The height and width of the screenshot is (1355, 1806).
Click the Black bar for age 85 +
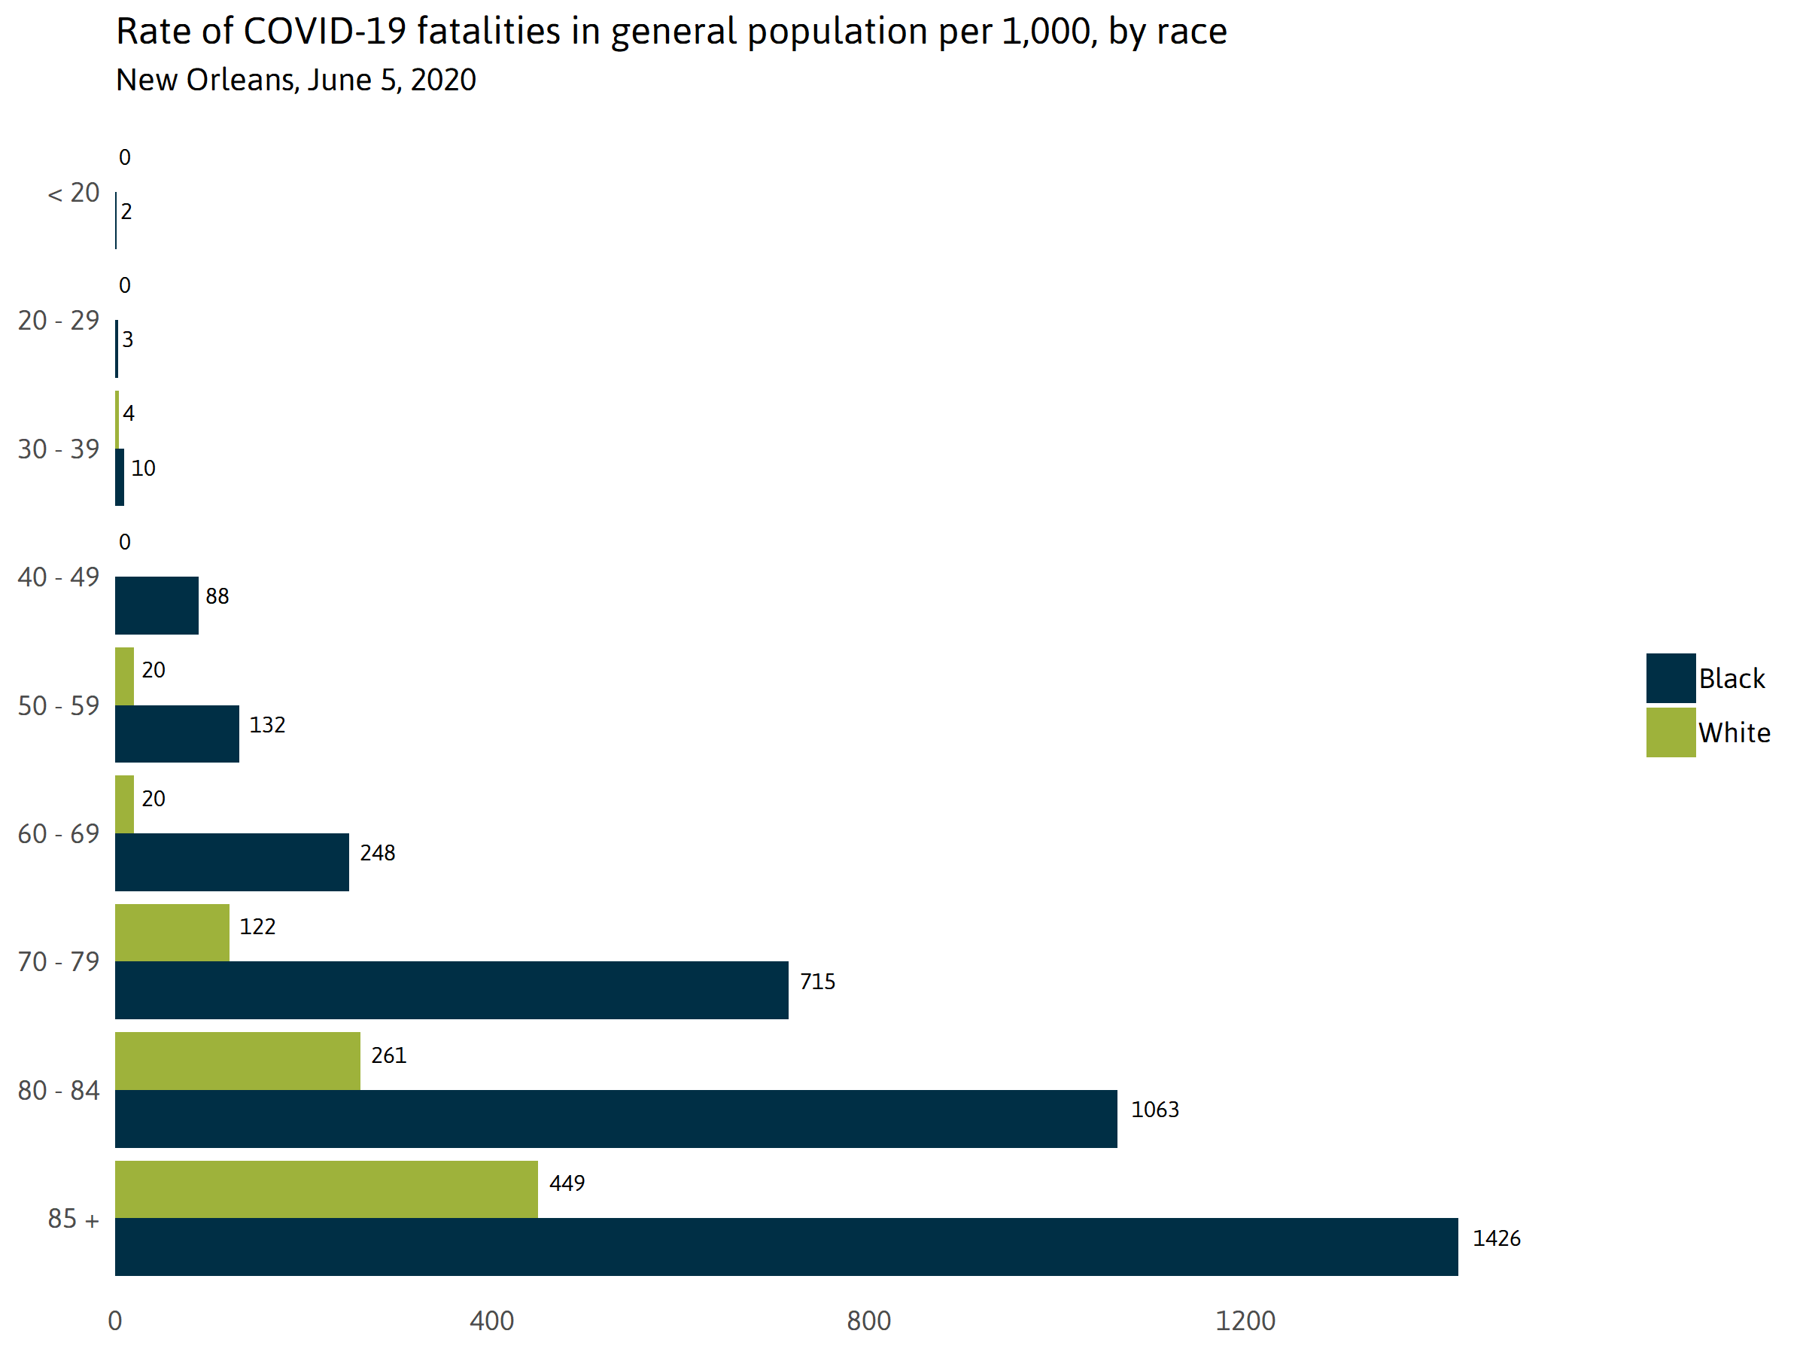786,1247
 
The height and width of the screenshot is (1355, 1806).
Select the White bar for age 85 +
326,1189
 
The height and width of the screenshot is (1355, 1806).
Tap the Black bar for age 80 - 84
616,1118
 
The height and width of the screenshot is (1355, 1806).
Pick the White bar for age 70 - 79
172,933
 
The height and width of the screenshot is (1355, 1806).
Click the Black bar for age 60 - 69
232,862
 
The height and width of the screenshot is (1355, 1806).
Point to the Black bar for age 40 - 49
156,605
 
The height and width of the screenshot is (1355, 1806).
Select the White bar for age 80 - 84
237,1061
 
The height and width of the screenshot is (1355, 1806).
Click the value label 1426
1496,1238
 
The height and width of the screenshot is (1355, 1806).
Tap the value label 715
817,981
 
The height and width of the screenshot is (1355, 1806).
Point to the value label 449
567,1183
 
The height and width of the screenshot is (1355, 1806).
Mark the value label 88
217,596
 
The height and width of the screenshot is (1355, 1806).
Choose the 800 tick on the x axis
868,1320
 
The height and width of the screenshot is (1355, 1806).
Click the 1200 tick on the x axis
1245,1320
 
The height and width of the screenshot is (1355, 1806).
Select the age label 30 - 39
59,449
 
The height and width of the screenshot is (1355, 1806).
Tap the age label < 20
74,193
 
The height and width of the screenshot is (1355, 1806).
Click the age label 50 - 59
59,705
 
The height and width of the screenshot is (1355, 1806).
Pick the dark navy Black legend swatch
1671,678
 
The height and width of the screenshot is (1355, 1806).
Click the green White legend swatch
1671,732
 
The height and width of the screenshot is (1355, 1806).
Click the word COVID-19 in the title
324,32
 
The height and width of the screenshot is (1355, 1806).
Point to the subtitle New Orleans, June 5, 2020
296,80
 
